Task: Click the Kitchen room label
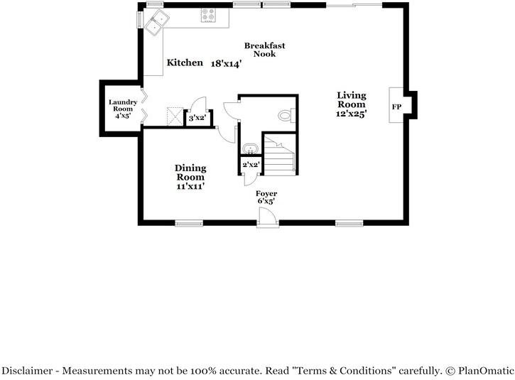(x=185, y=63)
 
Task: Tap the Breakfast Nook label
(x=265, y=50)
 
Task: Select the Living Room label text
(x=352, y=99)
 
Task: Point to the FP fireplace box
(x=396, y=106)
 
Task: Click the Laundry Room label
(x=122, y=106)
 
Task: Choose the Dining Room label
(x=190, y=173)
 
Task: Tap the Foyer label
(x=267, y=193)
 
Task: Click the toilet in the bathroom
(x=285, y=115)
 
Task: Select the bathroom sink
(x=250, y=148)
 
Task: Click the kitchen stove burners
(x=210, y=14)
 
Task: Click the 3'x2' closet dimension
(x=197, y=118)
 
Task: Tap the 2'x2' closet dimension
(x=251, y=165)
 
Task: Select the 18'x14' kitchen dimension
(x=227, y=63)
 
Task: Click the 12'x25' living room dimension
(x=352, y=113)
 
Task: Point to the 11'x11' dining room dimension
(x=190, y=186)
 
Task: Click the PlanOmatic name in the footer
(x=484, y=370)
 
